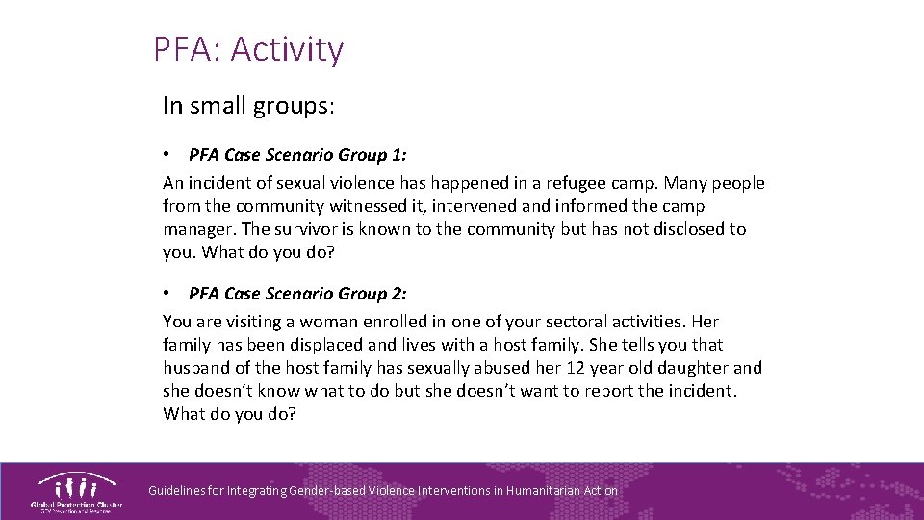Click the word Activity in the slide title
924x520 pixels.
pyautogui.click(x=287, y=49)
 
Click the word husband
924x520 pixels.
pyautogui.click(x=195, y=368)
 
